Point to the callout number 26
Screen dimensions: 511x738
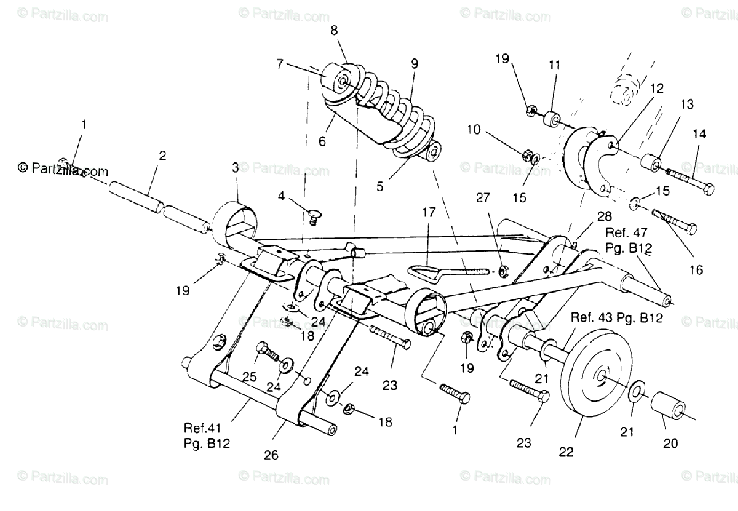click(271, 456)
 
